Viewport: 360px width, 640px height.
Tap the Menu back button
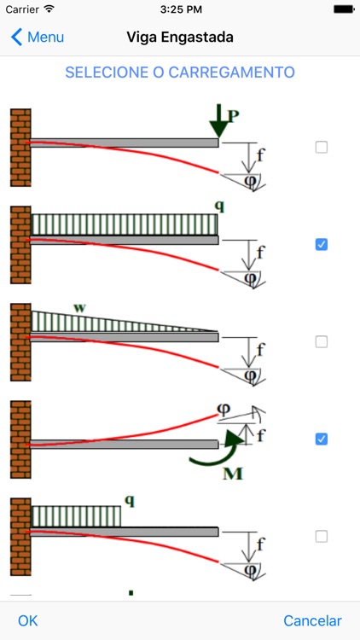[38, 38]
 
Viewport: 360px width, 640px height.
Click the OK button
[28, 621]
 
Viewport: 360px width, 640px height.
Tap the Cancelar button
[312, 621]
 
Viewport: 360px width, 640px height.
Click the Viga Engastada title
[180, 38]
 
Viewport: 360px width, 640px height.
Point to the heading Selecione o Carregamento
[180, 73]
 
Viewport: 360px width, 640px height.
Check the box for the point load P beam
[322, 148]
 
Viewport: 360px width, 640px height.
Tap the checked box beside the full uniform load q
[322, 245]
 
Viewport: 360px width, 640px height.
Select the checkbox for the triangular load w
[322, 341]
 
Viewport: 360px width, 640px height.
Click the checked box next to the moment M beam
[322, 439]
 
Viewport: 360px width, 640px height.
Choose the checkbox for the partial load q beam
[322, 537]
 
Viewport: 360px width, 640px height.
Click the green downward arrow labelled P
[218, 121]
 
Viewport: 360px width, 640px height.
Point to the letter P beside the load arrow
[233, 117]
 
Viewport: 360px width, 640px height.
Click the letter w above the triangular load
[79, 308]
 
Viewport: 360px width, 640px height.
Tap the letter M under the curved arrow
[233, 474]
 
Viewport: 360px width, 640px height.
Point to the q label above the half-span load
[130, 500]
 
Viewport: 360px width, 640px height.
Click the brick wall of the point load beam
[20, 148]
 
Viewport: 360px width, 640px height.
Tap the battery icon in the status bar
[344, 9]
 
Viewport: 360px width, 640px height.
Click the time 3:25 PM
[181, 9]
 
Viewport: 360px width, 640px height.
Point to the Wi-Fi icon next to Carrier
[49, 9]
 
